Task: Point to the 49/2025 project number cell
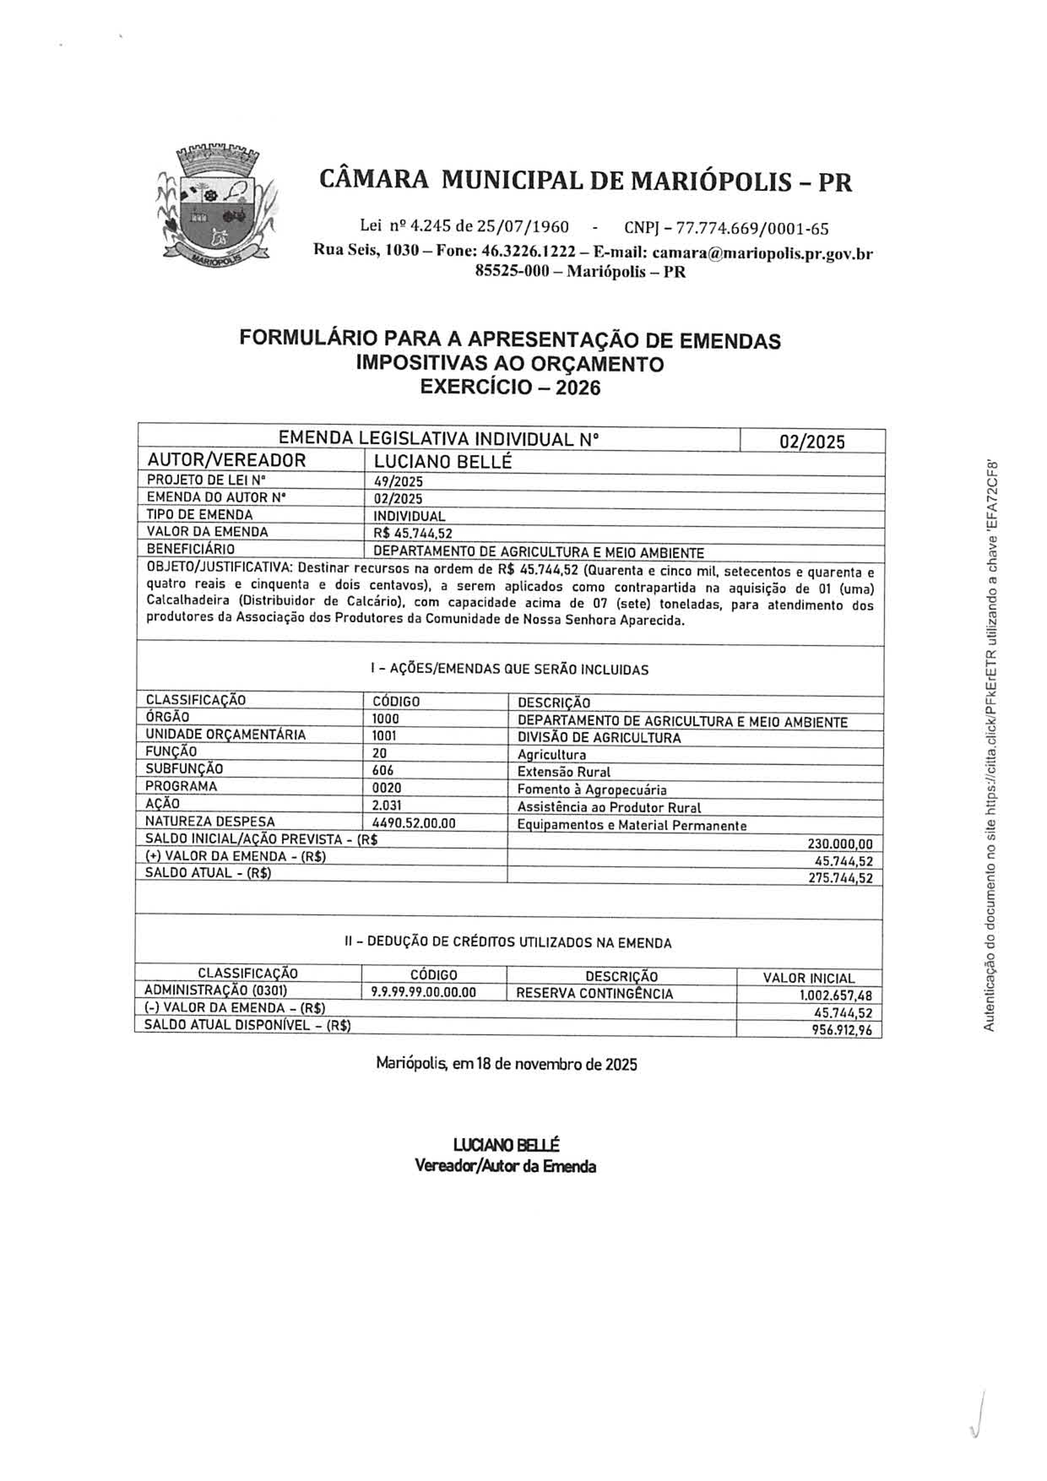(x=398, y=482)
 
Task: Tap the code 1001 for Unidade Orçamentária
(x=385, y=736)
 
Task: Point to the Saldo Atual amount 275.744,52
(x=840, y=878)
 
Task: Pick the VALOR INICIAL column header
(x=808, y=978)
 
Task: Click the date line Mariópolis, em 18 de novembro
(x=507, y=1063)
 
